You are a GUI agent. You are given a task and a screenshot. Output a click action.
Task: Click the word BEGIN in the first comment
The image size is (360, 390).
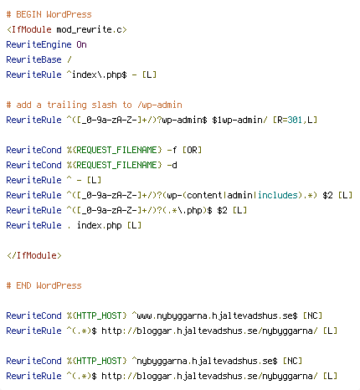pos(28,14)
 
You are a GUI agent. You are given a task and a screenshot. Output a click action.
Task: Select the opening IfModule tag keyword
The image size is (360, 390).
pos(31,29)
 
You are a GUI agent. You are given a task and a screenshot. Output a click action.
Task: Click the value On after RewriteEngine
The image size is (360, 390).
pos(81,44)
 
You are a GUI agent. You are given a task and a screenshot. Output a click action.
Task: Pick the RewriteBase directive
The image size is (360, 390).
pos(33,59)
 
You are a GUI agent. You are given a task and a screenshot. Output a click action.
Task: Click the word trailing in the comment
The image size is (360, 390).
pos(67,105)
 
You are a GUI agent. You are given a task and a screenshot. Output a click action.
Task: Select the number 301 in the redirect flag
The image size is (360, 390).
pos(295,120)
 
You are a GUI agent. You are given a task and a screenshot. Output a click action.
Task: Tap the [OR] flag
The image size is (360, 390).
pos(192,150)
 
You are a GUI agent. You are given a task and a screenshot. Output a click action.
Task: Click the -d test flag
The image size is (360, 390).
pos(172,165)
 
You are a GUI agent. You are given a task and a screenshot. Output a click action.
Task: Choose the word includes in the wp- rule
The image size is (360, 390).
pos(278,195)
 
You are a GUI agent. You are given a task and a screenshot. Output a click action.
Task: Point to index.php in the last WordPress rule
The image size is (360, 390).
pos(100,225)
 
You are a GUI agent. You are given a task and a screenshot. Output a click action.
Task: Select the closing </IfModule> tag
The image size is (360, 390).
pos(34,255)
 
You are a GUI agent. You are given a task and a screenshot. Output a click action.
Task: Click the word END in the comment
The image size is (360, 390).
pos(23,285)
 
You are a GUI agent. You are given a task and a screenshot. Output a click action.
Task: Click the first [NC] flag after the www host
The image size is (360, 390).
pos(312,316)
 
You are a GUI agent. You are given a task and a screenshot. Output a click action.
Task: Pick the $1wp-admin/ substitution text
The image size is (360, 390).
pos(239,121)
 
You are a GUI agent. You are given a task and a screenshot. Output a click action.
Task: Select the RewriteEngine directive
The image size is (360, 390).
pos(39,44)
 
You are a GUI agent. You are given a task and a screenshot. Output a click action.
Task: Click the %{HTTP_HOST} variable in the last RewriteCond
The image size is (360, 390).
pos(96,361)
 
